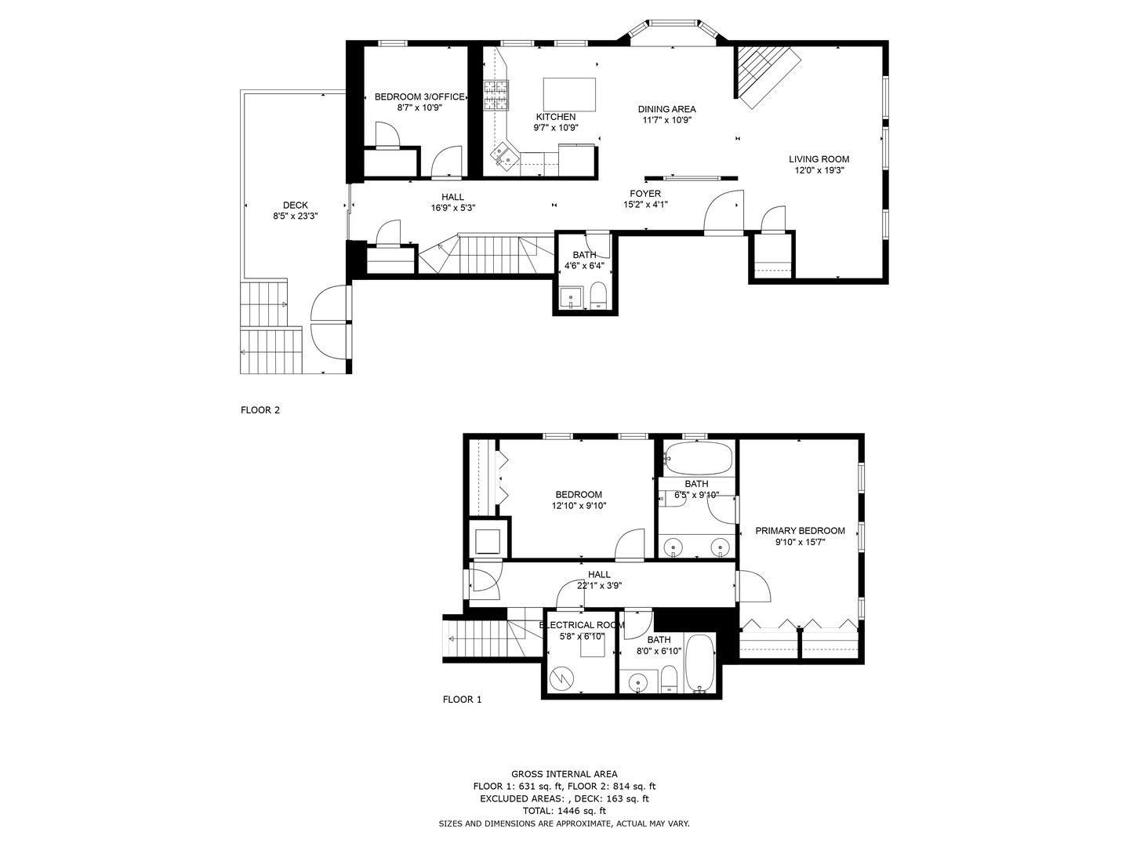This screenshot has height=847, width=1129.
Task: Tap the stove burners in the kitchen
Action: click(496, 94)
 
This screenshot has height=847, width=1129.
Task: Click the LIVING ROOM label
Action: click(819, 159)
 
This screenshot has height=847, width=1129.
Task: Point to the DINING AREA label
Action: click(666, 109)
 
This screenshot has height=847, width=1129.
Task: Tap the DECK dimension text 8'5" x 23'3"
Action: click(296, 216)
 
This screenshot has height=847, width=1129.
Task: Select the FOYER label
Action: click(645, 194)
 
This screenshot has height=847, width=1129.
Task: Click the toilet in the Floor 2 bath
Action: click(597, 295)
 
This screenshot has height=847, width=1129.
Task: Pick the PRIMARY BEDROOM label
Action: click(800, 531)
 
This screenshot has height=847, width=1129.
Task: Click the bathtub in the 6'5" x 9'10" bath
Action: click(698, 456)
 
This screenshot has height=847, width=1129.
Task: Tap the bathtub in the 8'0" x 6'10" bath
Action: click(700, 663)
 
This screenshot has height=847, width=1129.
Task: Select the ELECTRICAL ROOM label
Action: click(582, 625)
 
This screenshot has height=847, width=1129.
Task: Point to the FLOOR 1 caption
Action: click(462, 700)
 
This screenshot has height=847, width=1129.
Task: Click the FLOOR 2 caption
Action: click(260, 409)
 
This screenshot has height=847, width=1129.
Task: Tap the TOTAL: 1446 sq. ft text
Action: click(564, 811)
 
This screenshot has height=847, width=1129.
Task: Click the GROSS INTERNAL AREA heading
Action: click(564, 774)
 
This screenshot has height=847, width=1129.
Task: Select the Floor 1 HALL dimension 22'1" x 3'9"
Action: click(599, 585)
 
